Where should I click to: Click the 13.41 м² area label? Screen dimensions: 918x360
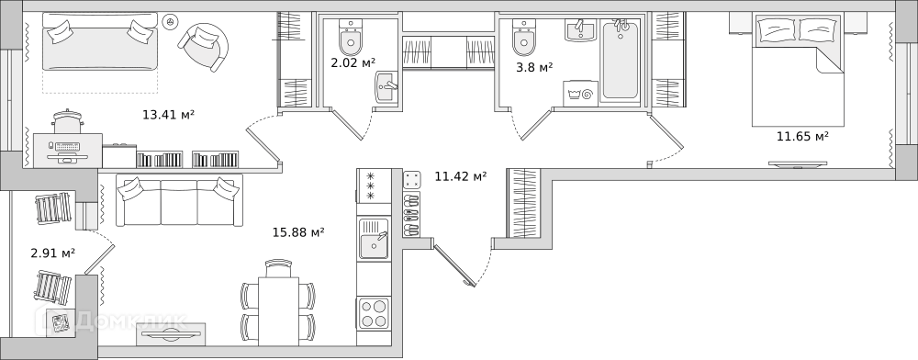tap(168, 115)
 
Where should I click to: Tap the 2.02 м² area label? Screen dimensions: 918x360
tap(353, 62)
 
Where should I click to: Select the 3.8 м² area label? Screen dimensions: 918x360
tap(534, 68)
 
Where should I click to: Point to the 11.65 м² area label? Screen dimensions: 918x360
tap(802, 137)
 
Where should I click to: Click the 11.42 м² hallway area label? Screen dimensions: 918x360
tap(461, 176)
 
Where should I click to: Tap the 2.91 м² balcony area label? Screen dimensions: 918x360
tap(52, 253)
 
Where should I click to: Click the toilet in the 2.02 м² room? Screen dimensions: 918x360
tap(351, 37)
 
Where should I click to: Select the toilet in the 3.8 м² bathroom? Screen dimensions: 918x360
tap(524, 37)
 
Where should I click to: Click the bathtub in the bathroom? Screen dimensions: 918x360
tap(621, 61)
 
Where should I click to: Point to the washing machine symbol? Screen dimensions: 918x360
tap(580, 94)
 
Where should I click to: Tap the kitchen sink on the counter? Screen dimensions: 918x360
tap(374, 239)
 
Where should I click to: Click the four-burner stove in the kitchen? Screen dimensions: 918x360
tap(374, 313)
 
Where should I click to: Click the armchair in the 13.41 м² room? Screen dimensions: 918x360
tap(203, 47)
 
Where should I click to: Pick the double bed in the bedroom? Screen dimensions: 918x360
tap(799, 70)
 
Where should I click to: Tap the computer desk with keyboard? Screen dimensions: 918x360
tap(68, 151)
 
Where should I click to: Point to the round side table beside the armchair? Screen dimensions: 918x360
tap(170, 21)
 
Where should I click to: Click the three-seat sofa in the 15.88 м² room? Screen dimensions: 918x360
tap(179, 199)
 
